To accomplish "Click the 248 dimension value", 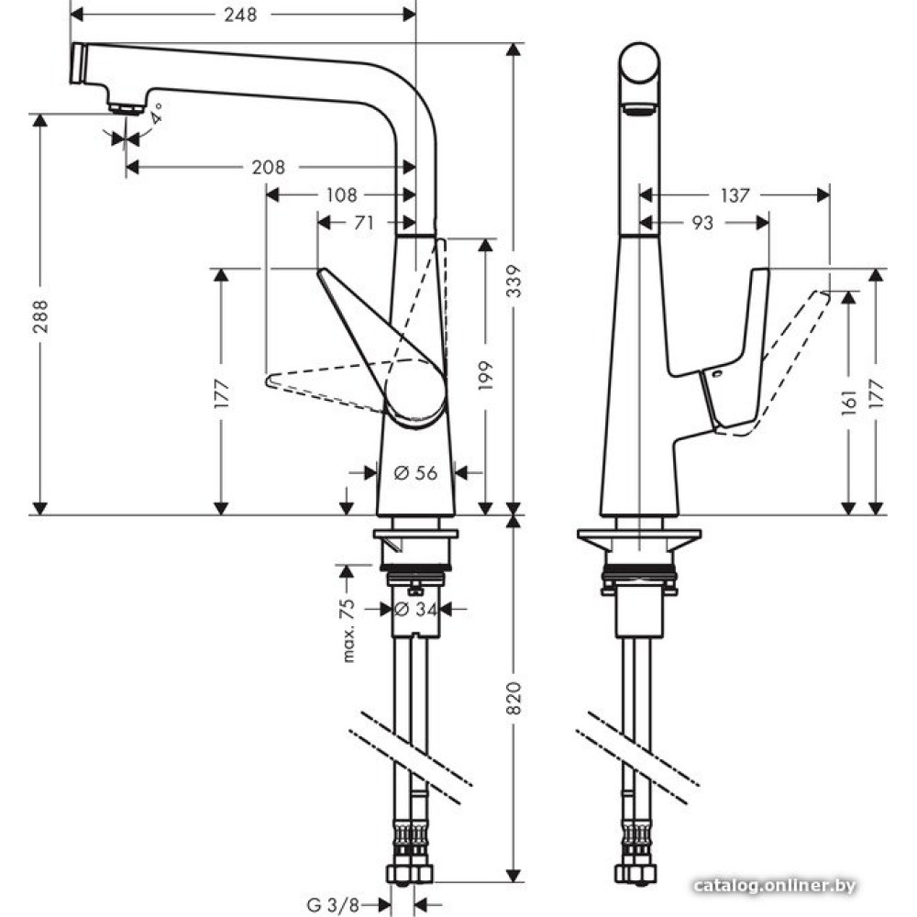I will click(x=240, y=15).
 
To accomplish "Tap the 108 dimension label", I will click(x=341, y=195).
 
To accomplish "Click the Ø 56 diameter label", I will click(x=415, y=472).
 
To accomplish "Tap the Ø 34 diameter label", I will click(x=415, y=608).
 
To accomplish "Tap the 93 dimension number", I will click(x=702, y=223).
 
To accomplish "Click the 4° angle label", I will click(x=156, y=114).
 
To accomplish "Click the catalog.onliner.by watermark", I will click(x=775, y=886).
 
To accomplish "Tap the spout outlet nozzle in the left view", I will click(x=127, y=106).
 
